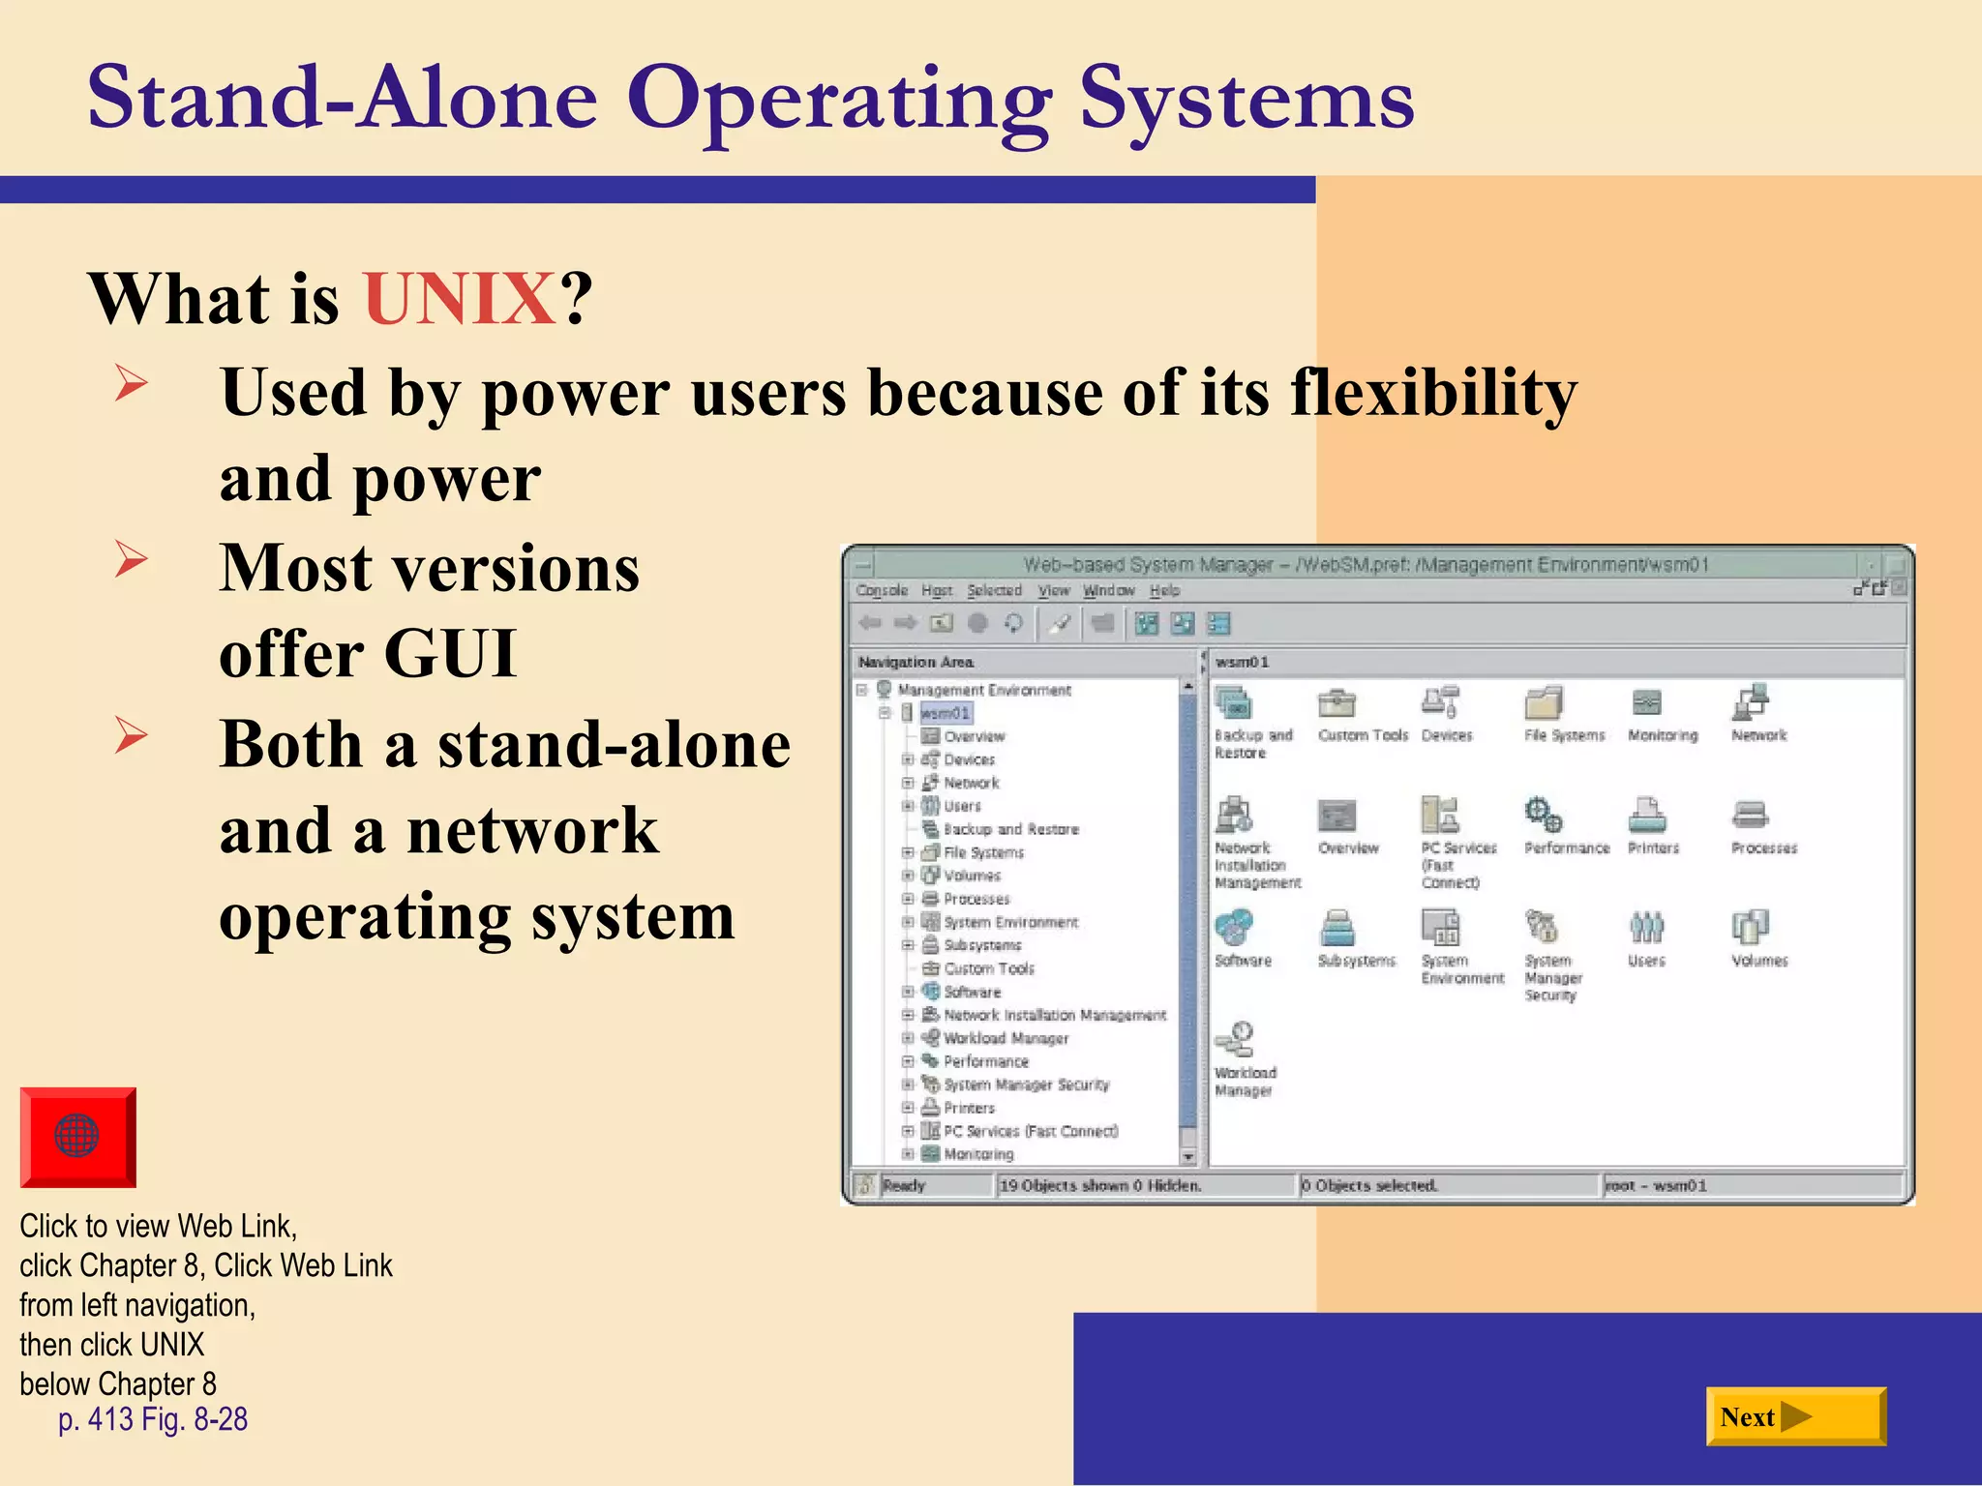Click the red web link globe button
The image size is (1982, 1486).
click(77, 1136)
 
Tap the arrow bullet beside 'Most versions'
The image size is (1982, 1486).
click(131, 559)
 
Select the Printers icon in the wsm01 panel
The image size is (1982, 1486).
click(1647, 816)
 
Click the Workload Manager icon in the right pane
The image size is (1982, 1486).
click(1236, 1041)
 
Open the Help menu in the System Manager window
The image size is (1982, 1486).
click(1164, 590)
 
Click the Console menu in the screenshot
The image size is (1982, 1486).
click(882, 590)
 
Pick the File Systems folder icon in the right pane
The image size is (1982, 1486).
click(1544, 703)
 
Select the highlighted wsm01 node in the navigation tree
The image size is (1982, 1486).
click(945, 713)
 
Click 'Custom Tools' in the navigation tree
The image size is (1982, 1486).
click(988, 968)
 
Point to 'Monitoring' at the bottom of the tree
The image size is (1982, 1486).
click(978, 1154)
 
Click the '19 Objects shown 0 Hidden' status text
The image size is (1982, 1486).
click(1100, 1185)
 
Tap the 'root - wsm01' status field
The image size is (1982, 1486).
click(1656, 1185)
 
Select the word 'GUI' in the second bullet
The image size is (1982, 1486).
click(450, 654)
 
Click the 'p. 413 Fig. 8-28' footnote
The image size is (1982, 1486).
click(153, 1419)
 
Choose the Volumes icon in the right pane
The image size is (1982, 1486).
click(1750, 927)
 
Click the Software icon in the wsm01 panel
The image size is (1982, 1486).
click(1234, 927)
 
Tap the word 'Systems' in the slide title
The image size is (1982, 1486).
click(1246, 99)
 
